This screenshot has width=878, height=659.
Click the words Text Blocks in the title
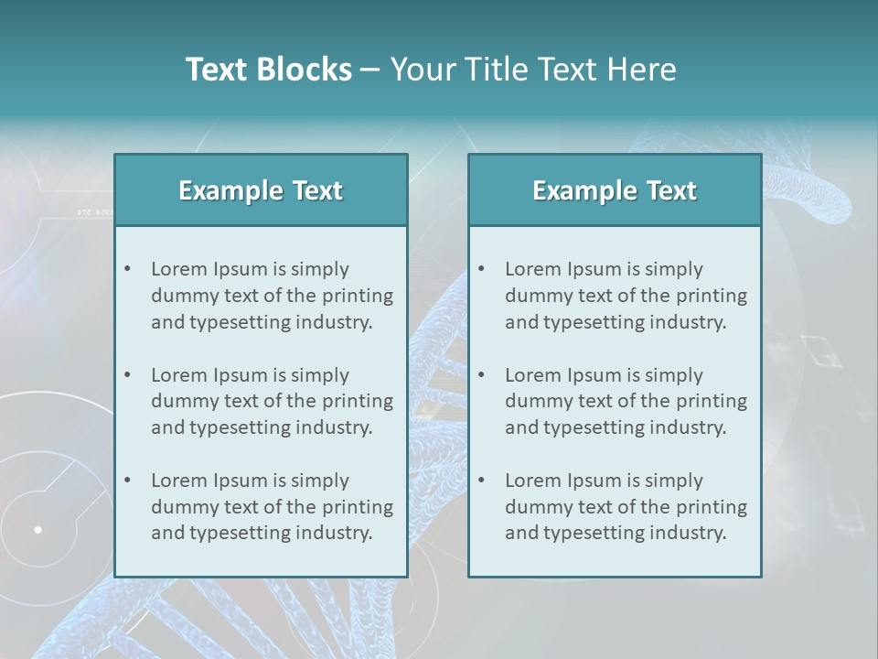point(268,70)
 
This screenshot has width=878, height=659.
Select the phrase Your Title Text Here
point(533,70)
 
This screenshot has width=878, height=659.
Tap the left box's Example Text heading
point(261,190)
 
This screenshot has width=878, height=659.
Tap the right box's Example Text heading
point(615,190)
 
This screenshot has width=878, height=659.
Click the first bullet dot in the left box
point(127,269)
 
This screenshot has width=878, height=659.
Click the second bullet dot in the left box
point(127,375)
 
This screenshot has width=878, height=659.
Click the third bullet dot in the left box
point(127,481)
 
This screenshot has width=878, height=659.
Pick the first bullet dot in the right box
point(481,269)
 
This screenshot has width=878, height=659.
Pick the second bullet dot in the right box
point(481,375)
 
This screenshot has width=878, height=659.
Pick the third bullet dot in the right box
point(481,481)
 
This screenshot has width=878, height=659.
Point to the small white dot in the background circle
point(38,529)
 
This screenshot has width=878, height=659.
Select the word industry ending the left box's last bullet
point(334,533)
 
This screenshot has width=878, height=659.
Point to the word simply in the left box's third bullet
point(319,481)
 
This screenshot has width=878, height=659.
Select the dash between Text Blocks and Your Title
point(370,70)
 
